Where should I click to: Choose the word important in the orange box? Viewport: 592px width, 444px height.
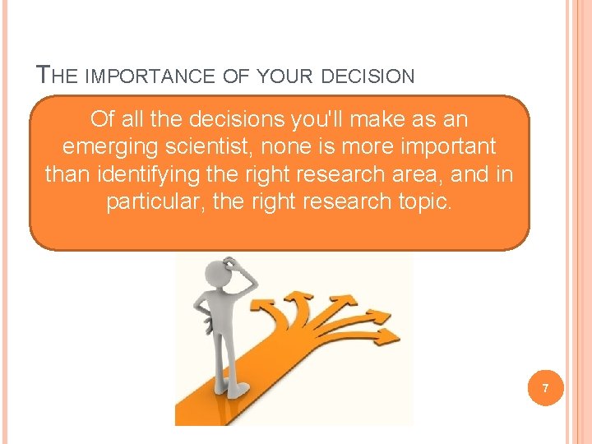pos(448,147)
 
